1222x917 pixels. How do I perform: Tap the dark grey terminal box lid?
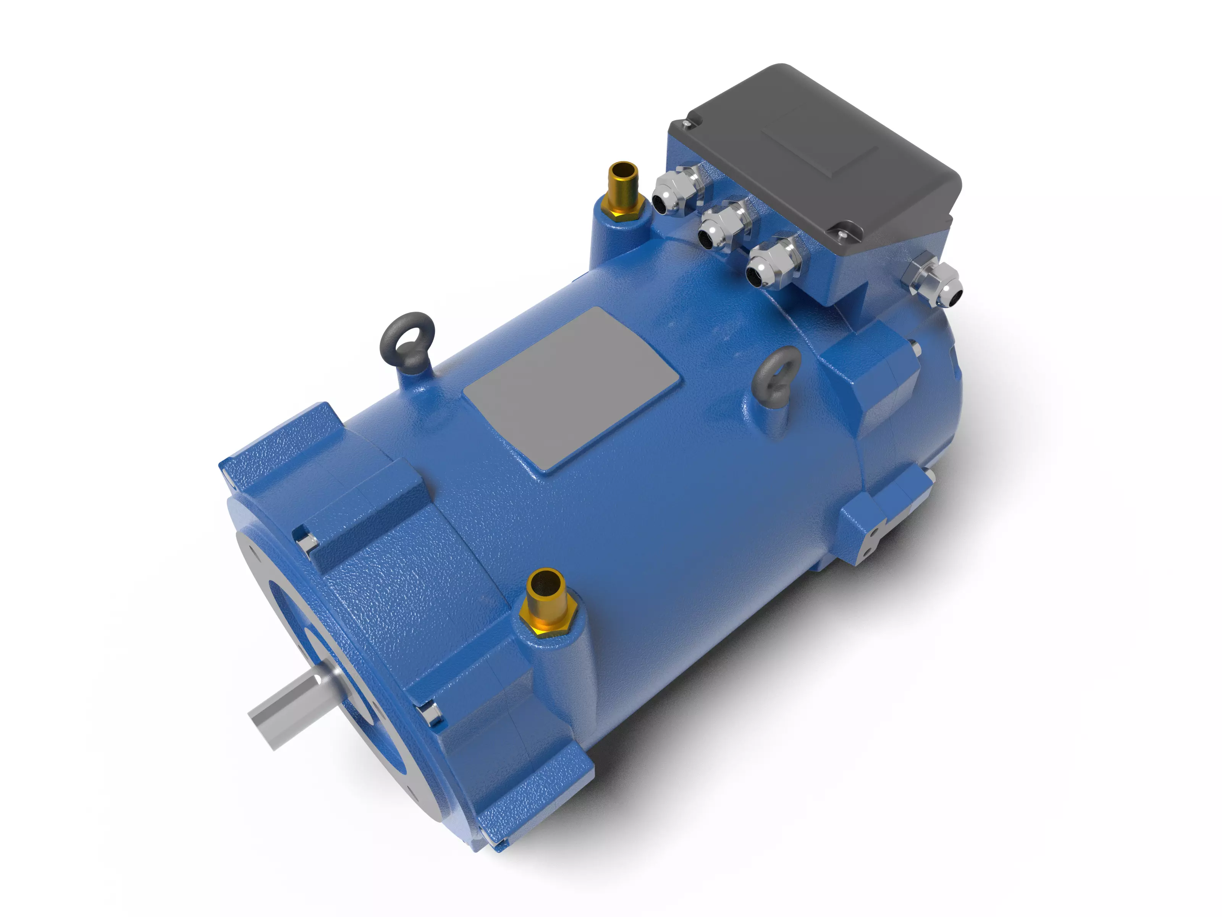coord(818,155)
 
